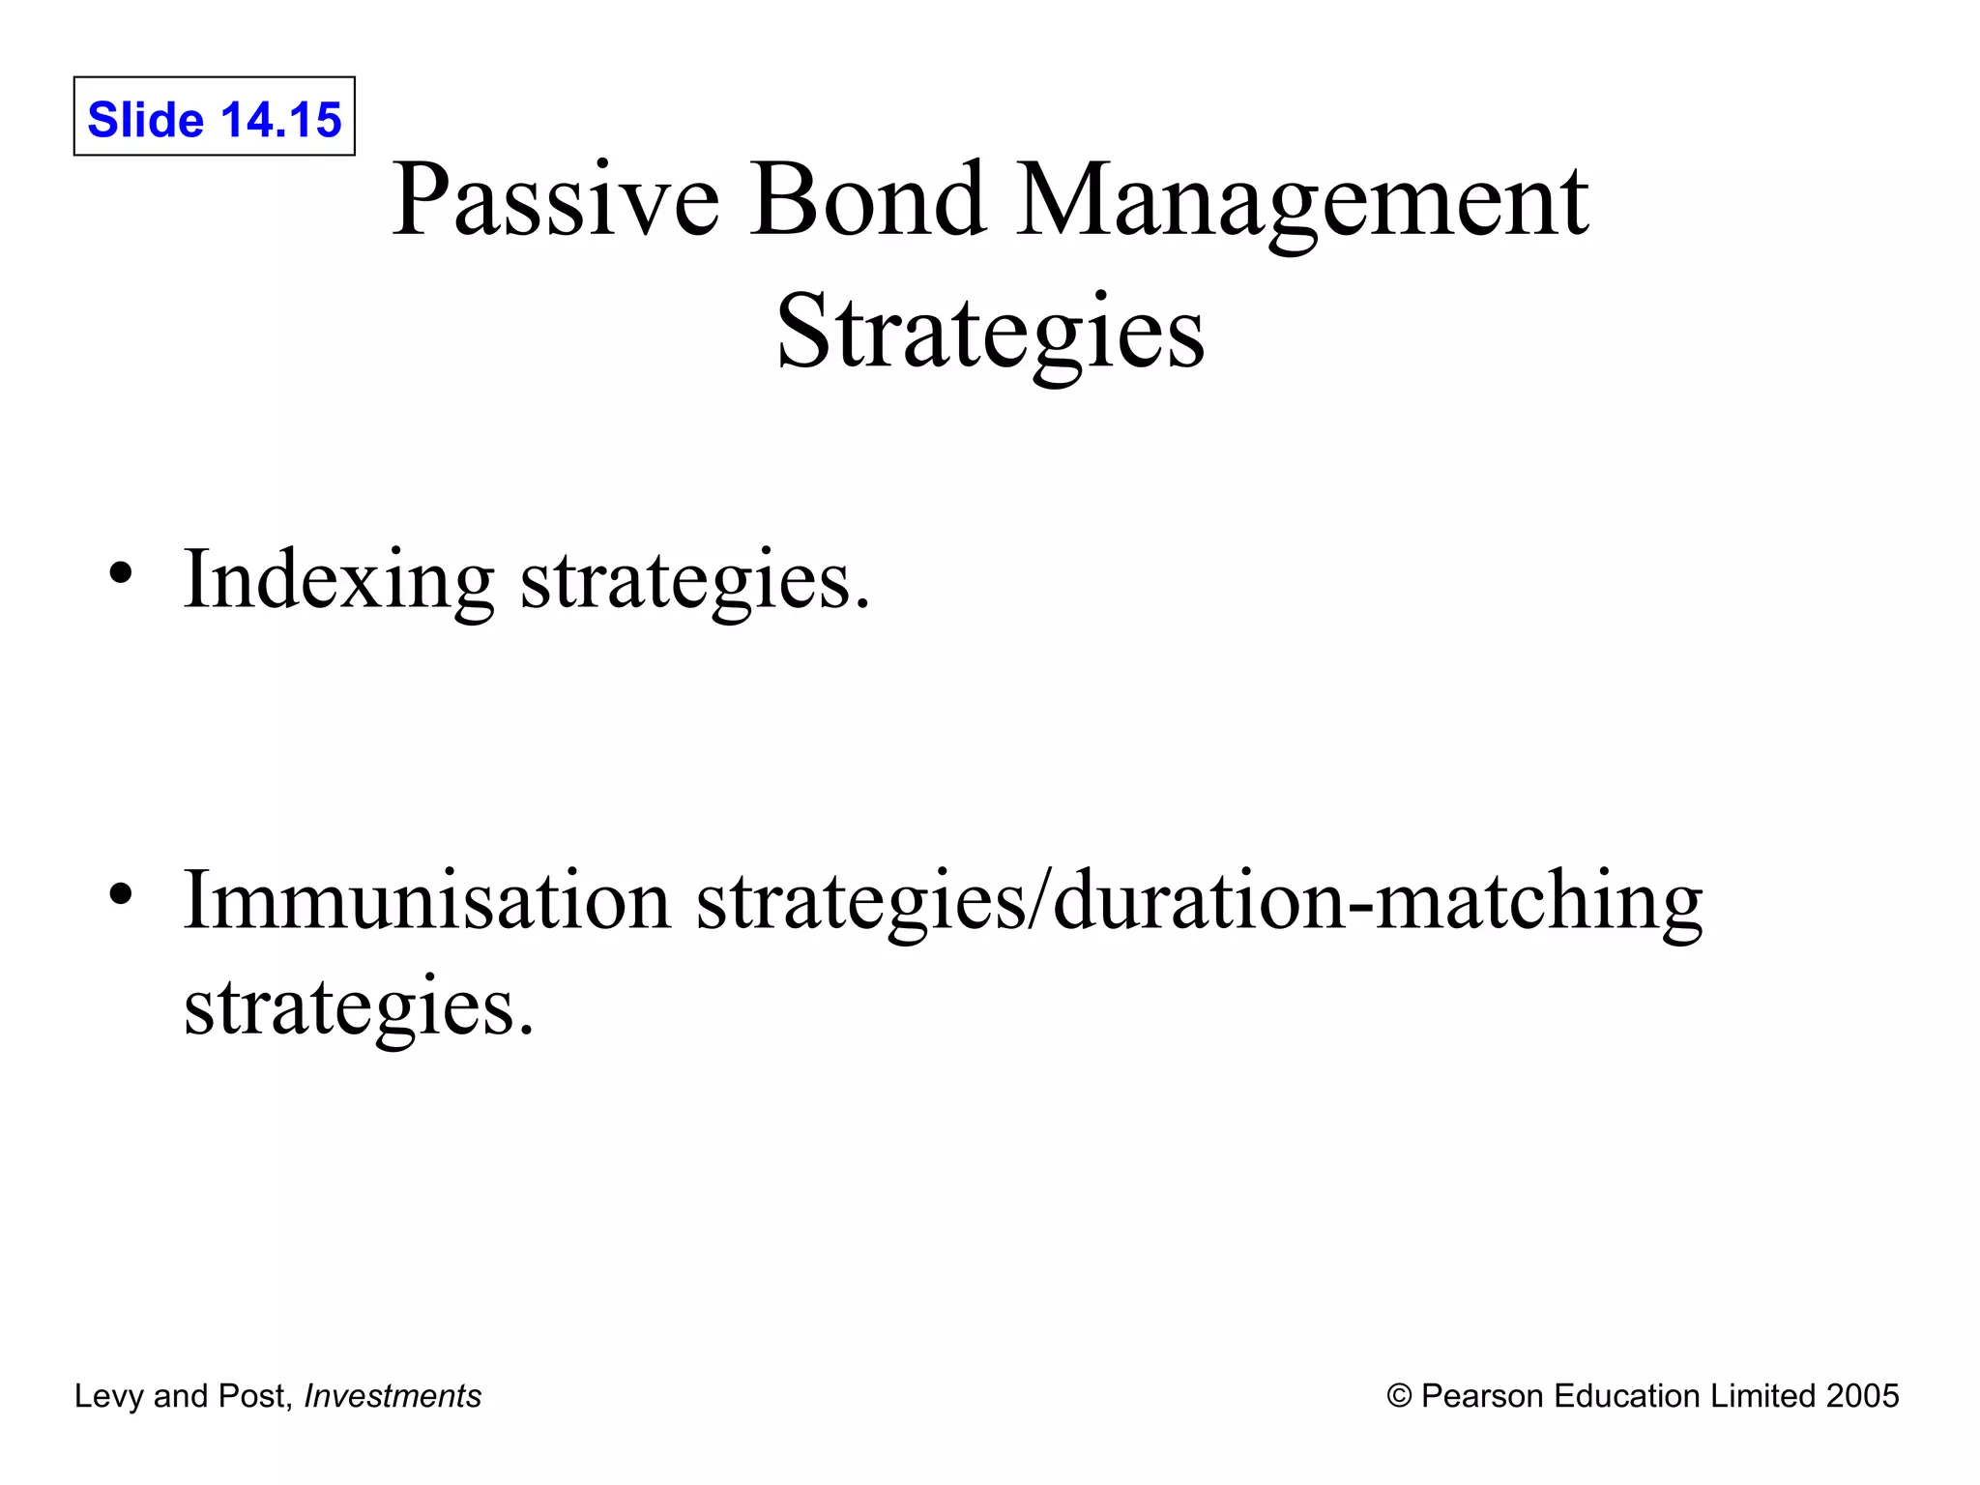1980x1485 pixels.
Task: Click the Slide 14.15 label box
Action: pos(214,117)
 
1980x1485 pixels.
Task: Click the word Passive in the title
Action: pos(555,200)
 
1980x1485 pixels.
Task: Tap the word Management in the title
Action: pos(1301,200)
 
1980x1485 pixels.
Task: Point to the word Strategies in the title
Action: pos(990,333)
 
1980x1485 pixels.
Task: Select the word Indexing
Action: pos(338,580)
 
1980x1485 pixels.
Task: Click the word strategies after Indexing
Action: pos(694,580)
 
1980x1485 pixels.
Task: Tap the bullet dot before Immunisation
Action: pos(120,893)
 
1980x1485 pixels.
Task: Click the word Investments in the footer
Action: pos(393,1396)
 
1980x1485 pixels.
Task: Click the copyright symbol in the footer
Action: pos(1399,1396)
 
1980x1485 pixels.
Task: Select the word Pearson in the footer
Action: pos(1481,1396)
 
